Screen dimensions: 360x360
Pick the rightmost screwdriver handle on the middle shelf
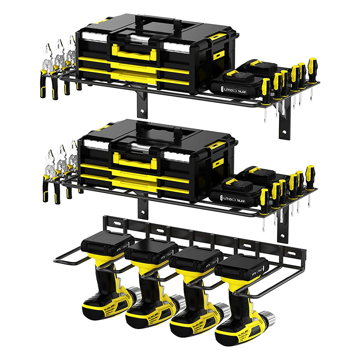tap(310, 172)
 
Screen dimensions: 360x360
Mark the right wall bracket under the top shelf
tap(284, 121)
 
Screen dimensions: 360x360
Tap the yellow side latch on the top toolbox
tap(219, 54)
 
